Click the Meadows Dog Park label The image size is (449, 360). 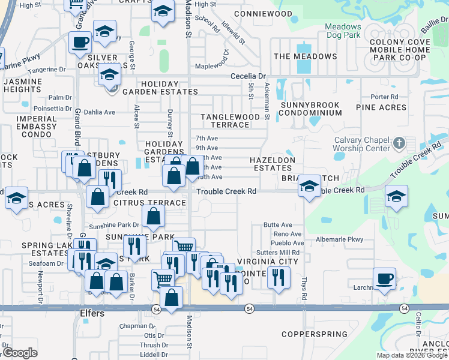point(343,31)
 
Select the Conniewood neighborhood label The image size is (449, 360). point(263,13)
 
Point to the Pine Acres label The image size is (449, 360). point(381,107)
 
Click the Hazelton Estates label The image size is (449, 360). point(273,165)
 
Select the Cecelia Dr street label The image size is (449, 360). point(249,76)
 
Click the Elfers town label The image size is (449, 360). point(92,313)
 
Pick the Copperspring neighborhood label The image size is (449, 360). point(315,334)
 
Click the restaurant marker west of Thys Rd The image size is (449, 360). point(278,277)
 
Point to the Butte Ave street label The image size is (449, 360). point(278,224)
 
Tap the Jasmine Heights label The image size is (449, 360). point(22,85)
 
